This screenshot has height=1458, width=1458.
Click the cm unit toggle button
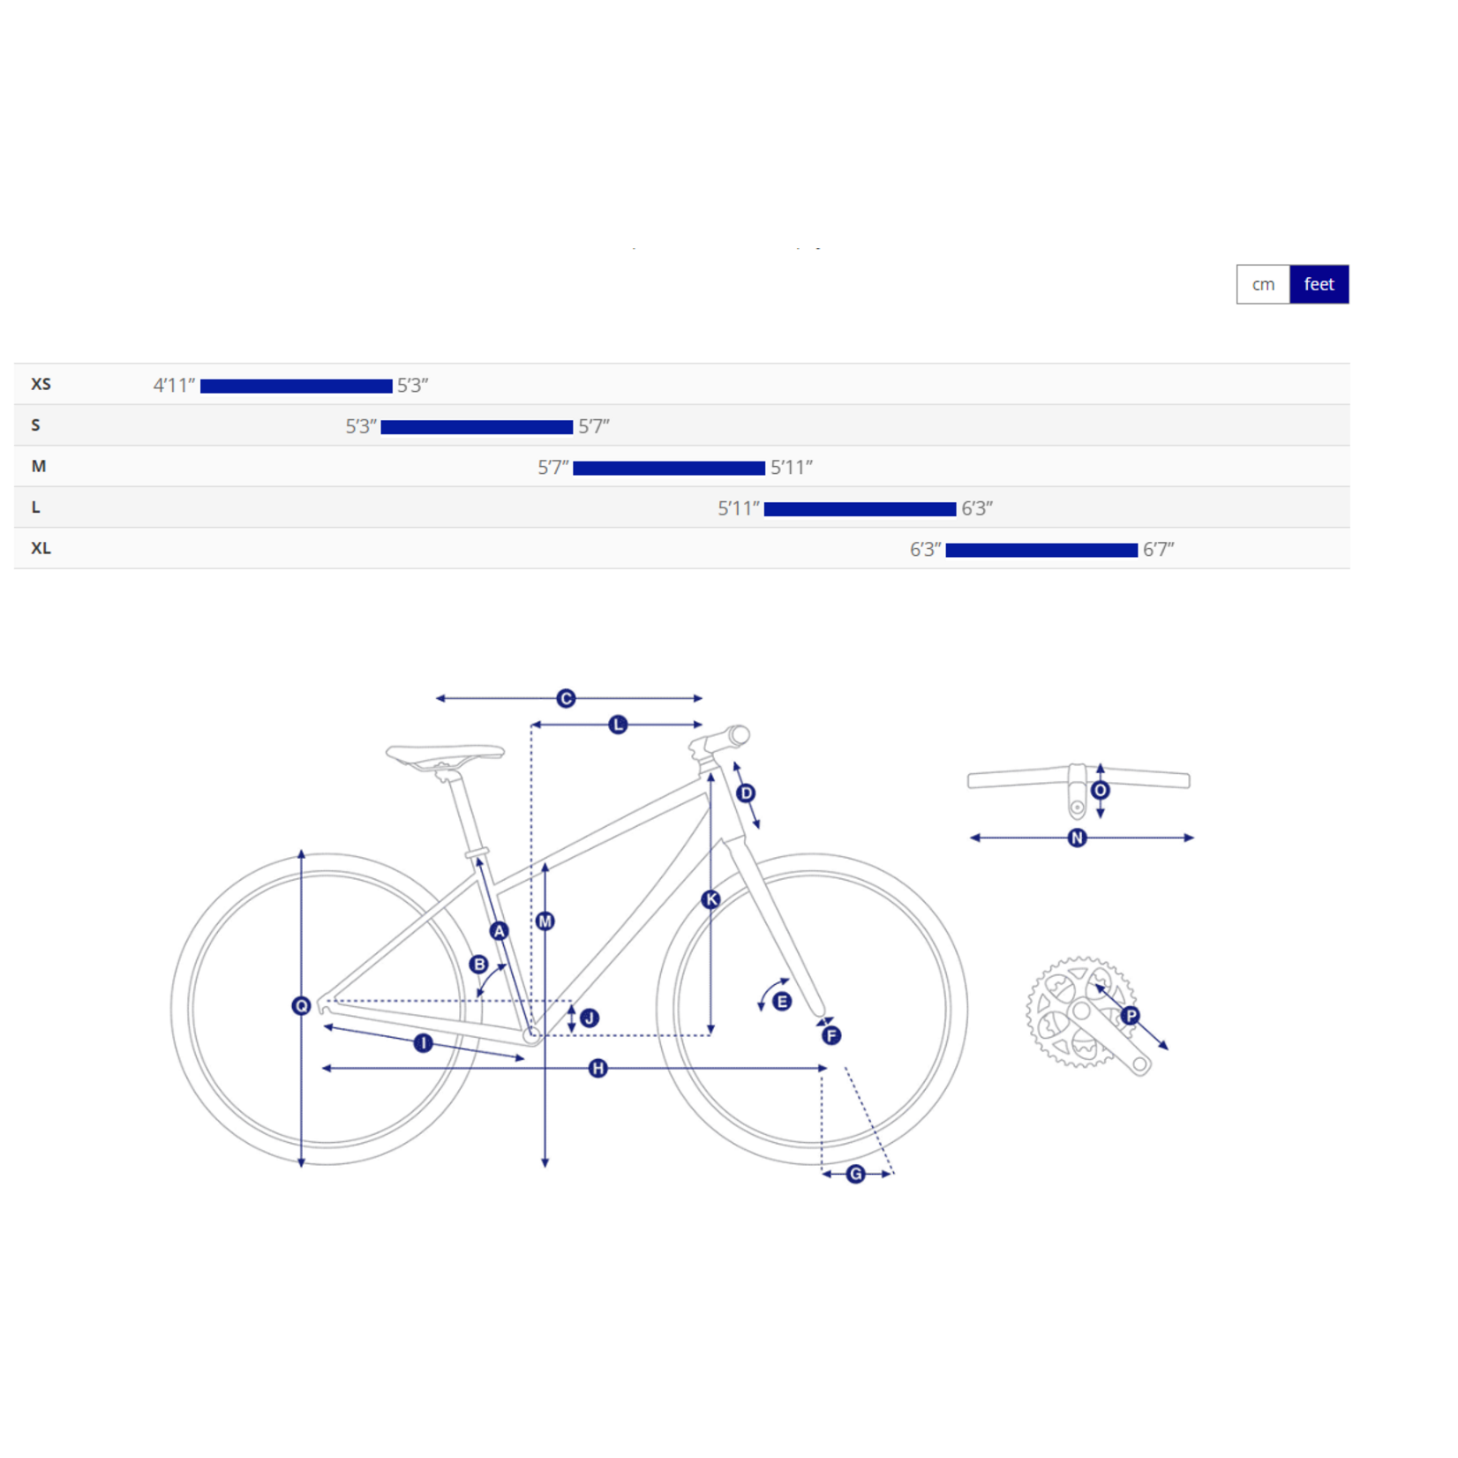[x=1263, y=284]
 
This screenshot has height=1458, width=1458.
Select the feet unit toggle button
[x=1319, y=284]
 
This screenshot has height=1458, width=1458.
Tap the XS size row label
[x=41, y=384]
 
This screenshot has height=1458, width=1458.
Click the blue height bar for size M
[x=669, y=468]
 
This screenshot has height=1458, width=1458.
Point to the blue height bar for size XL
[x=1041, y=550]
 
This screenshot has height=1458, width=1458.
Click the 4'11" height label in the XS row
[x=174, y=385]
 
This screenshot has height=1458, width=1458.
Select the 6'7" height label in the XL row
[x=1158, y=549]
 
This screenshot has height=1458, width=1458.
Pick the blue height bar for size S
[x=477, y=427]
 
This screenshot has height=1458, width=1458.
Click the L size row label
[x=35, y=507]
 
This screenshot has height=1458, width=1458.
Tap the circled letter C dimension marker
[x=566, y=698]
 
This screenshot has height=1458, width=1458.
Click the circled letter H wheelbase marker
[x=597, y=1068]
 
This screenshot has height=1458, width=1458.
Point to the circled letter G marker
[x=855, y=1174]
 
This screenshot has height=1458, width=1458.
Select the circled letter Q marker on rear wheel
[x=301, y=1005]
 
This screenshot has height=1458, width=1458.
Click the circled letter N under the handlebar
[x=1077, y=838]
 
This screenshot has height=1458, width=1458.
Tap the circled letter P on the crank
[x=1131, y=1015]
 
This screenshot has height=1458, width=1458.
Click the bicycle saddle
[x=445, y=756]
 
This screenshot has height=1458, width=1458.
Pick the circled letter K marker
[x=710, y=899]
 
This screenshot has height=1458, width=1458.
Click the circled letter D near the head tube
[x=746, y=793]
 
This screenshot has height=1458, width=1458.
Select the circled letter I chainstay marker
[x=423, y=1043]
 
